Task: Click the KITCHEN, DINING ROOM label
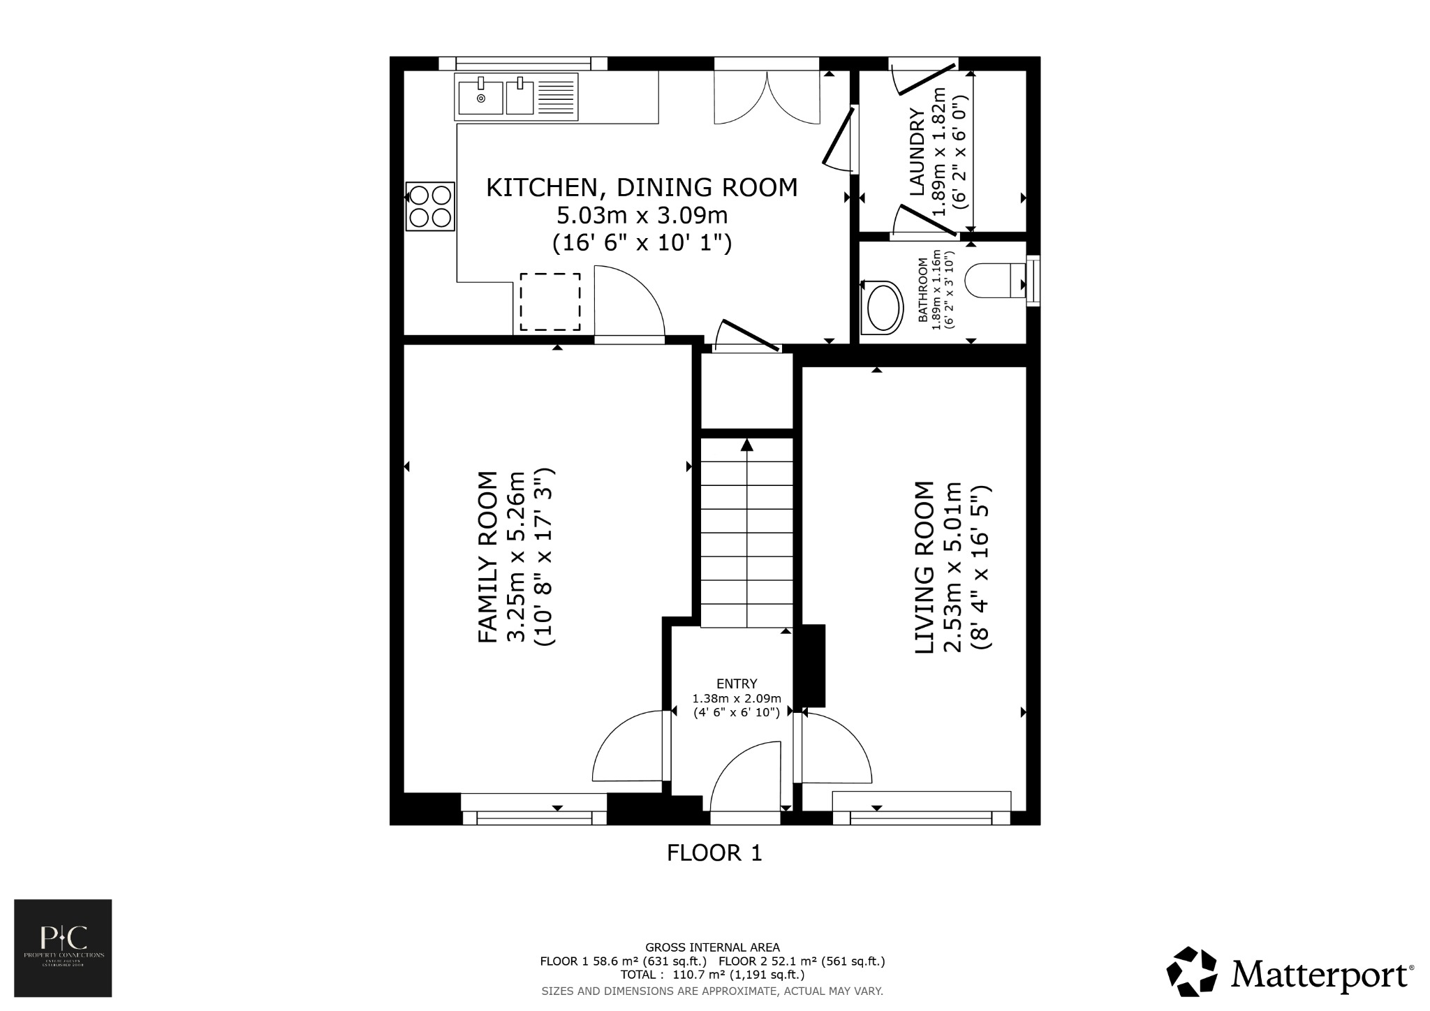[641, 187]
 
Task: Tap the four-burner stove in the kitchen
[430, 206]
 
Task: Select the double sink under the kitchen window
[516, 97]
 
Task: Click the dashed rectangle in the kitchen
[550, 302]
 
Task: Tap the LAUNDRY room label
[916, 152]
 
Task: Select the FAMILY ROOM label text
[487, 556]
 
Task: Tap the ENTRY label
[736, 684]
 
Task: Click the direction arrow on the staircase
[747, 445]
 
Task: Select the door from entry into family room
[628, 747]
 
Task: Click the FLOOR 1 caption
[714, 853]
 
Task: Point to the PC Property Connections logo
[63, 947]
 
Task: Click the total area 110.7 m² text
[712, 975]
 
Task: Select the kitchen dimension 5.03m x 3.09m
[642, 215]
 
